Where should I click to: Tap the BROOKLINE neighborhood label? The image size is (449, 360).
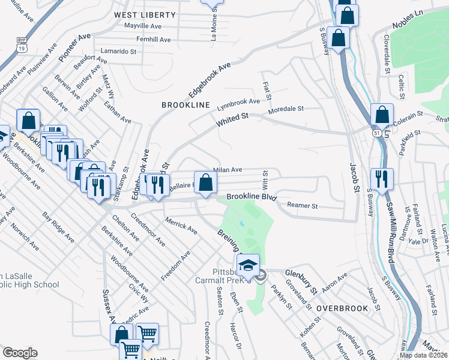(186, 105)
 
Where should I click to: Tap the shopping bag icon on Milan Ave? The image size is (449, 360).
(205, 182)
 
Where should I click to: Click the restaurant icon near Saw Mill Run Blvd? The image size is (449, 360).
(382, 178)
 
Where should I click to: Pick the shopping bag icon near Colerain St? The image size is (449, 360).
(382, 115)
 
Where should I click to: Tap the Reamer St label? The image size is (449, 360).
(301, 206)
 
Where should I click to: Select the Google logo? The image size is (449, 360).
(20, 353)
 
